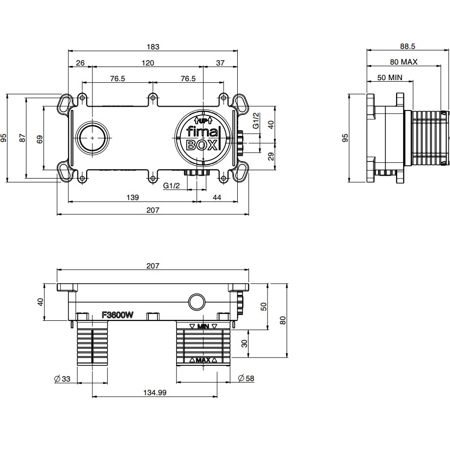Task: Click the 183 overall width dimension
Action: click(154, 47)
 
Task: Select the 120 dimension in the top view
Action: click(148, 63)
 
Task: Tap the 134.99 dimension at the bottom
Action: click(155, 392)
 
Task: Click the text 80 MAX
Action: click(404, 62)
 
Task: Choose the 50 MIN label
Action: click(390, 77)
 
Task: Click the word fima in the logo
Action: click(202, 133)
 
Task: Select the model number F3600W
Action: click(117, 315)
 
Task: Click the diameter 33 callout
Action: click(62, 378)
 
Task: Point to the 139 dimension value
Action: click(132, 198)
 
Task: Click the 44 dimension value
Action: click(217, 198)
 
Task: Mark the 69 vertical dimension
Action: click(40, 139)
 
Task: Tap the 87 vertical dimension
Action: click(22, 139)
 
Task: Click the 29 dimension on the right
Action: click(271, 157)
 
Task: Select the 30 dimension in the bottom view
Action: click(244, 343)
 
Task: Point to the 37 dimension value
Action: click(220, 63)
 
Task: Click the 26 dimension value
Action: click(80, 63)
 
